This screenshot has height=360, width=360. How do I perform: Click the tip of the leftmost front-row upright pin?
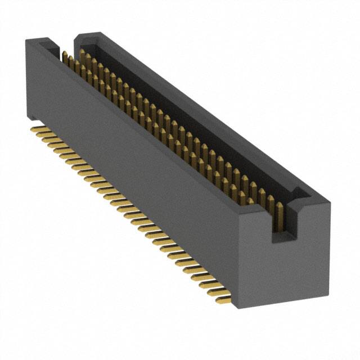tap(64, 53)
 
